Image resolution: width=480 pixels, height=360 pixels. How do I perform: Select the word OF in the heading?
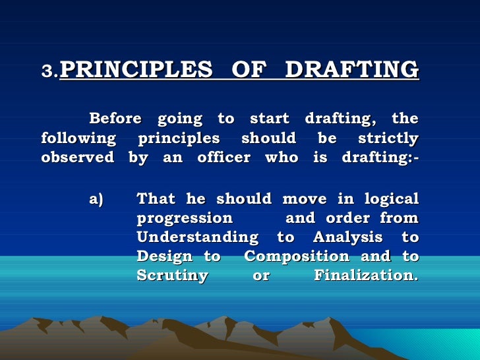point(249,69)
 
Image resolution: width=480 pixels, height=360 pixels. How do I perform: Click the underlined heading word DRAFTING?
point(352,69)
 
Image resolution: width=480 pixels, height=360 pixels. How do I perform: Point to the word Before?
point(115,119)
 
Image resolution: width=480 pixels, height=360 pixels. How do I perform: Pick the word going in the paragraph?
point(180,119)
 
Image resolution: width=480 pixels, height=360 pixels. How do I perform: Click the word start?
point(270,119)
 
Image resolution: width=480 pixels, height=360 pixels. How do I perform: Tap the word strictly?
point(388,139)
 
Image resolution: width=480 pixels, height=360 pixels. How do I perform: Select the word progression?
point(185,218)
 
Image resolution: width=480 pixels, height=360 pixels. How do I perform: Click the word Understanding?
point(197,237)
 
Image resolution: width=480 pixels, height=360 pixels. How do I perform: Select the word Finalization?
point(366,276)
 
